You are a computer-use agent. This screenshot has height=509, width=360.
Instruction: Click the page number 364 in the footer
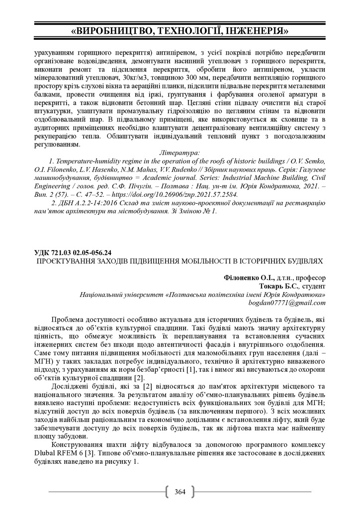[180, 492]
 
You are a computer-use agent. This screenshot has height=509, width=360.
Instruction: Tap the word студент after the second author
[313, 286]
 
